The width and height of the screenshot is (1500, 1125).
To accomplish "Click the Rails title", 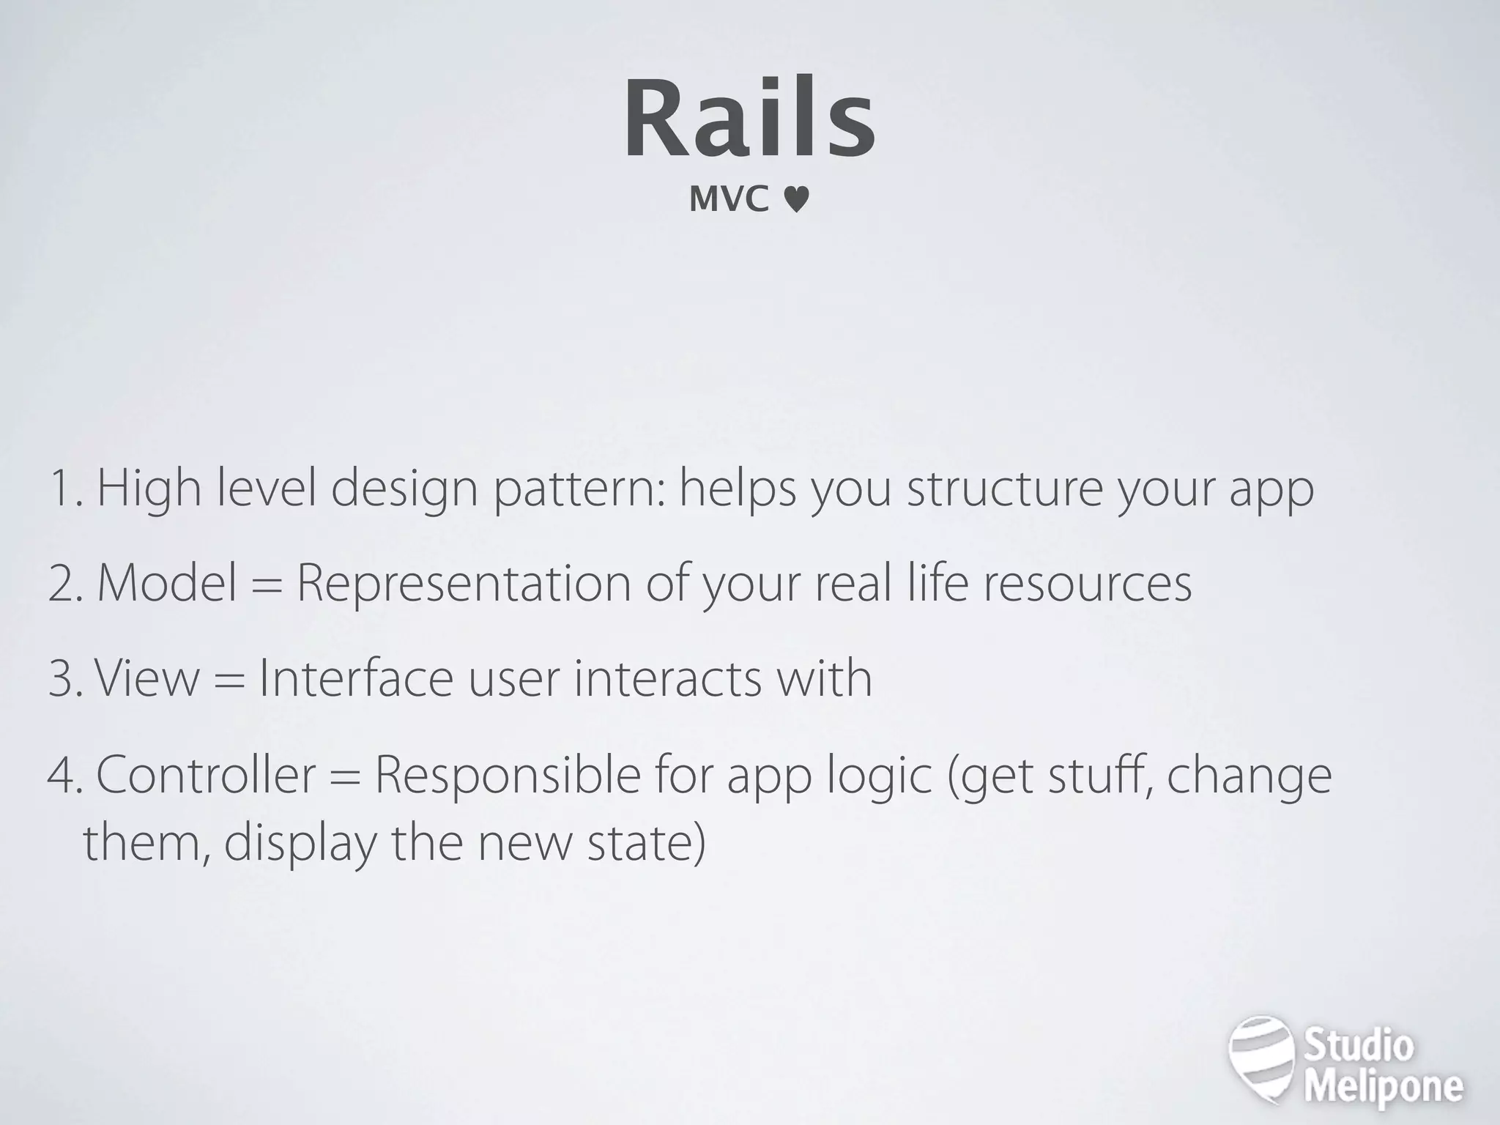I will (749, 119).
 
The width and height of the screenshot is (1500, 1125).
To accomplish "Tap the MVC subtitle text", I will (729, 199).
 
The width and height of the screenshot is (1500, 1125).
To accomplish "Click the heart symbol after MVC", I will (796, 200).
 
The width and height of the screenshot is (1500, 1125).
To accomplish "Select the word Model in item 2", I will (168, 584).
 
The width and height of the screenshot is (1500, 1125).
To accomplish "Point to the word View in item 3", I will (146, 678).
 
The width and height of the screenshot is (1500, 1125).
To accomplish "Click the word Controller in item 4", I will (206, 775).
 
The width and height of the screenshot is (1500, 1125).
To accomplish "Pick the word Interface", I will (356, 678).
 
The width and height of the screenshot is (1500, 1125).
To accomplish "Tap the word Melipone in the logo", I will (1384, 1086).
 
